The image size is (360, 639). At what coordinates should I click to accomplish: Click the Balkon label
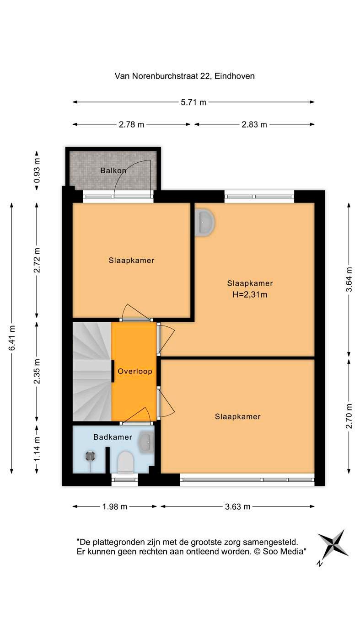tap(113, 170)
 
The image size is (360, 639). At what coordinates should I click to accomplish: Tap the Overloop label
tap(135, 371)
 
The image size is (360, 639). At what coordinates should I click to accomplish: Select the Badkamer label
tap(113, 437)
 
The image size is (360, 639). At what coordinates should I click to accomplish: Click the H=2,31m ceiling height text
tap(250, 294)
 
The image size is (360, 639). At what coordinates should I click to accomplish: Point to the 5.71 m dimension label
tap(193, 102)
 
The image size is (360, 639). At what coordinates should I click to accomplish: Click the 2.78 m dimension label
tap(131, 124)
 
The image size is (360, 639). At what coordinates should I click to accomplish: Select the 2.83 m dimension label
tap(254, 124)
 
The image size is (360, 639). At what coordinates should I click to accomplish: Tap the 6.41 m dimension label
tap(12, 338)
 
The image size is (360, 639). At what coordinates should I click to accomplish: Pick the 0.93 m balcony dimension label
tap(37, 170)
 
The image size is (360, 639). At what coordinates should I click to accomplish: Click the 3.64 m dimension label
tap(349, 280)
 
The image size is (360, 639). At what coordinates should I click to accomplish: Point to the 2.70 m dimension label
tap(349, 416)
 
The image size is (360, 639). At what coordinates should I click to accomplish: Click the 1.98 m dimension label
tap(115, 506)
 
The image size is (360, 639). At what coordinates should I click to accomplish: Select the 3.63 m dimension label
tap(237, 506)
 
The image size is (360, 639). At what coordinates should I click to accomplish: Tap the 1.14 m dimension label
tap(37, 449)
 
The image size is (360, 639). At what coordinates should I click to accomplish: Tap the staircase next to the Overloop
tap(92, 372)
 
